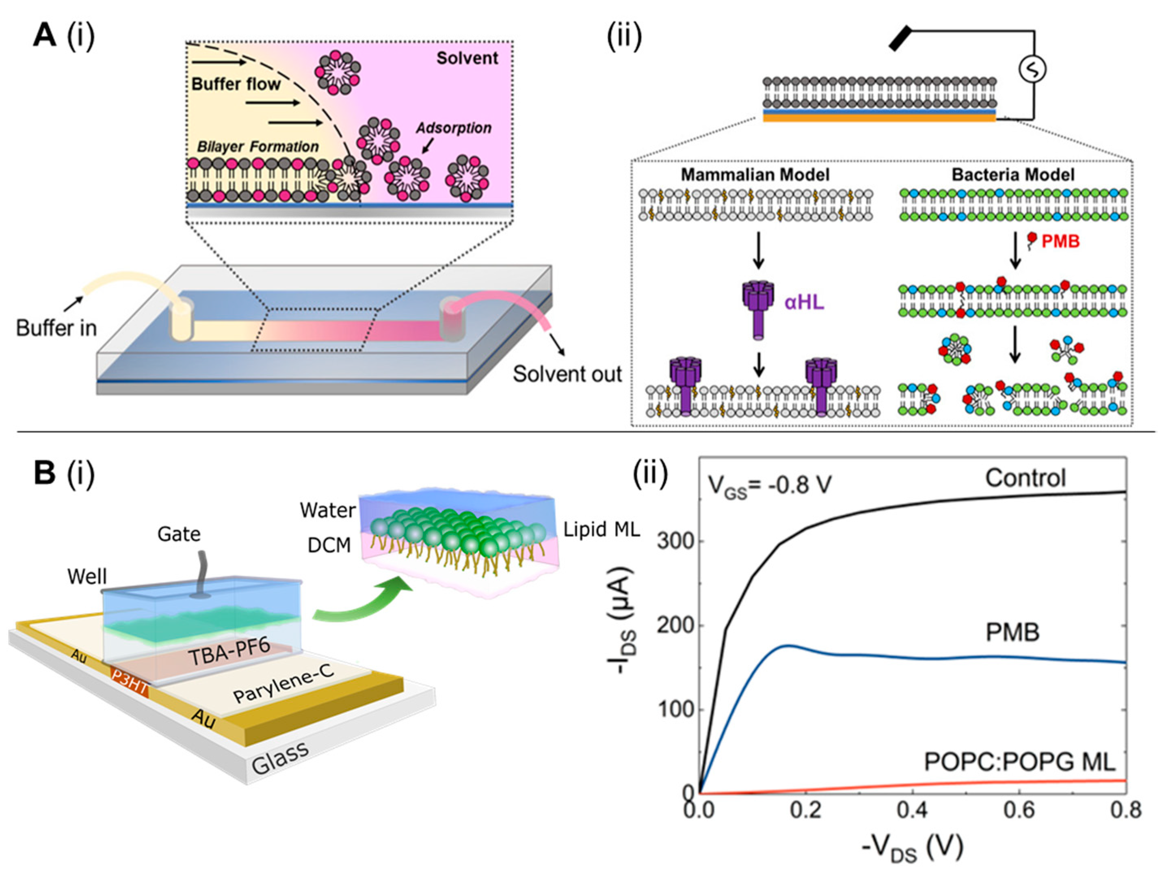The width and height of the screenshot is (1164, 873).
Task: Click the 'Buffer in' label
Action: point(56,328)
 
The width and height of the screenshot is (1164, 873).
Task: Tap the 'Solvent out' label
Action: point(567,374)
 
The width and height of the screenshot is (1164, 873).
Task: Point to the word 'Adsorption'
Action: point(454,128)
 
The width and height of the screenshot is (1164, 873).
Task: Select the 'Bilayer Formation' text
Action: point(258,147)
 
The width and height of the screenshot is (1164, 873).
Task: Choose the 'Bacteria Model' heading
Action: point(1013,175)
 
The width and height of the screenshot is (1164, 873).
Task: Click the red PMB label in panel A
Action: point(1060,242)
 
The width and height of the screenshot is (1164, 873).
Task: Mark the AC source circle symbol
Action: point(1032,69)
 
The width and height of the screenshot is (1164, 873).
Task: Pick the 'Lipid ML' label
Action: point(601,530)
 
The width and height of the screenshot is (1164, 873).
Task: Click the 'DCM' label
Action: point(329,546)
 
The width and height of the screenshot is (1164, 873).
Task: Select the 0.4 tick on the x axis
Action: point(912,810)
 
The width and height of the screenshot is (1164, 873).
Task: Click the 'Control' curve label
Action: point(1026,478)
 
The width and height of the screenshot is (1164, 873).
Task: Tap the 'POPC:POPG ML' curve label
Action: point(1020,763)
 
